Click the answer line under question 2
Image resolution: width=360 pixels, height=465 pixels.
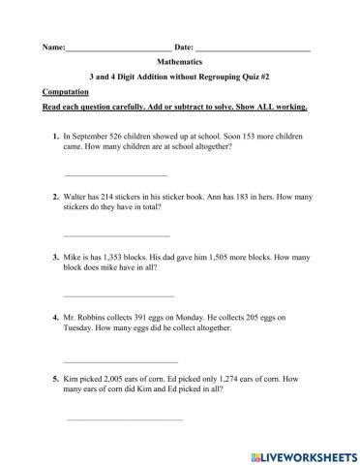(116, 235)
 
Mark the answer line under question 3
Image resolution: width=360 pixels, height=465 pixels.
(118, 295)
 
